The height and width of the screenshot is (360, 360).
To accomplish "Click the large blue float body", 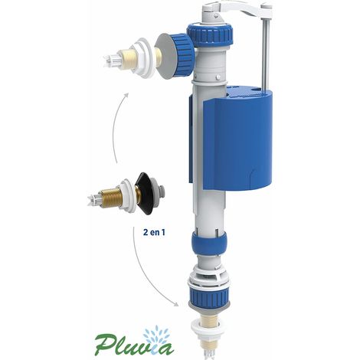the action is pyautogui.click(x=237, y=140).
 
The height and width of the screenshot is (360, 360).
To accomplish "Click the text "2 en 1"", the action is pyautogui.click(x=154, y=232).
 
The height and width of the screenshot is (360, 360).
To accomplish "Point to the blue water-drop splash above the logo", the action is pyautogui.click(x=155, y=335).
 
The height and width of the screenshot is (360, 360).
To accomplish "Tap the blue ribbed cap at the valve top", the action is pyautogui.click(x=210, y=34).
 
